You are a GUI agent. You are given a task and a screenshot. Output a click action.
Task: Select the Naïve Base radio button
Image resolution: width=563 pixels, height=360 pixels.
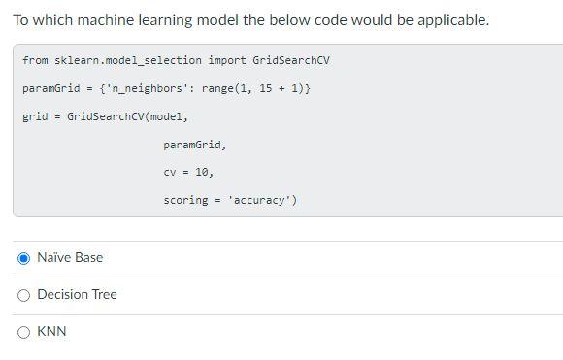coord(23,258)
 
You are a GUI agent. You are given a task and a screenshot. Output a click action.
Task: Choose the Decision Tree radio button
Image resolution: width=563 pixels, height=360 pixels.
coord(23,295)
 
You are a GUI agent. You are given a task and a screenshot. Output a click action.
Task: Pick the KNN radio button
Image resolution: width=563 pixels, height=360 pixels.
coord(23,332)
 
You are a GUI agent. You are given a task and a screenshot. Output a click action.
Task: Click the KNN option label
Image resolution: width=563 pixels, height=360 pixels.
coord(51,332)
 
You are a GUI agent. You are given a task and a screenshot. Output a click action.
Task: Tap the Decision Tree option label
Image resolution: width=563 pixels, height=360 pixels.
coord(77,295)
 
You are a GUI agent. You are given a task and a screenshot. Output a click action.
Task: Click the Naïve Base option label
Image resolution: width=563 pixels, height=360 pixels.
coord(70,258)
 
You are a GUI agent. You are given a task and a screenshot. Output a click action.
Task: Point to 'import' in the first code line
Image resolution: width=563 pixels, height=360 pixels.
coord(226,60)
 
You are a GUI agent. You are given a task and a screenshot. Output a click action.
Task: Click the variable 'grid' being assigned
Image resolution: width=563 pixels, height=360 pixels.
coord(35,116)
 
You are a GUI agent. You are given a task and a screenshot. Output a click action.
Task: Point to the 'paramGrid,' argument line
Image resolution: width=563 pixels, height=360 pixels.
coord(194,145)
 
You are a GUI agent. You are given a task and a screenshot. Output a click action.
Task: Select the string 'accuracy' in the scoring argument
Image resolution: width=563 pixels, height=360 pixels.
coord(263,200)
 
